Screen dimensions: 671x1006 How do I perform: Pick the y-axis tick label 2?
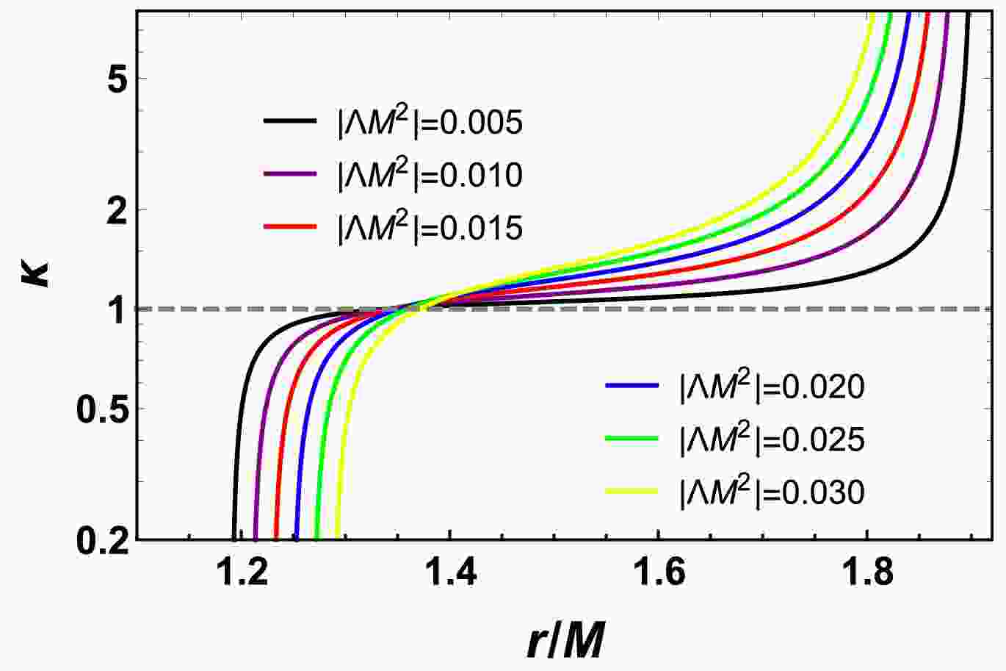(112, 209)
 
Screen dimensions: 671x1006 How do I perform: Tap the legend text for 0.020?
(772, 386)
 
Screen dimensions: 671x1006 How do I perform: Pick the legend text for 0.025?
(772, 439)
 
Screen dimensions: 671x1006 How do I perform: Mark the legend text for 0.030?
(772, 492)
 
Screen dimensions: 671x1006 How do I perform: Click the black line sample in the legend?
(289, 122)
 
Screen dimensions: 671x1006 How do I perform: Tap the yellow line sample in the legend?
(631, 492)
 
